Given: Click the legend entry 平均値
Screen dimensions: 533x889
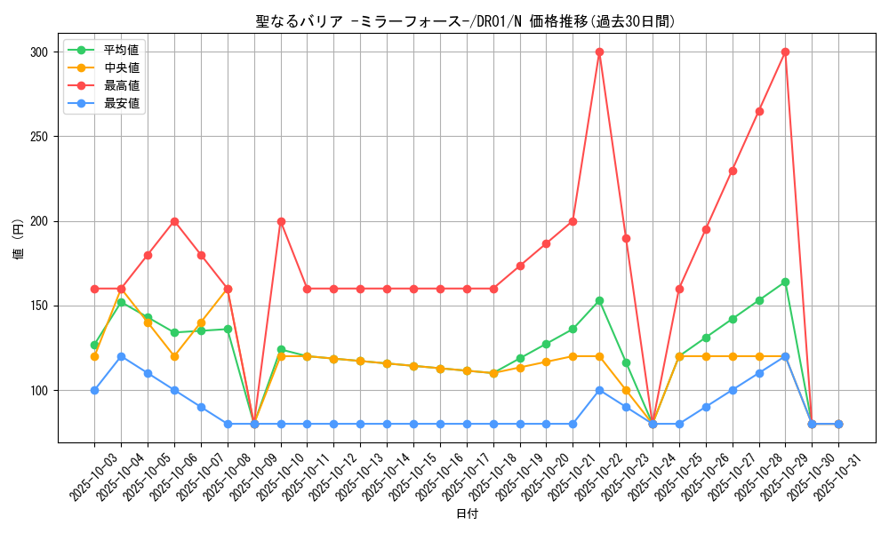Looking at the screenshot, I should [x=122, y=50].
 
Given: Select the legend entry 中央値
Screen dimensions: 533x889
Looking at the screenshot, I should [x=122, y=68].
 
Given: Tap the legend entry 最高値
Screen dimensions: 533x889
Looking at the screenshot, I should [x=122, y=85].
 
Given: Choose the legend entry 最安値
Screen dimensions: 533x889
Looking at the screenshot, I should [x=122, y=103].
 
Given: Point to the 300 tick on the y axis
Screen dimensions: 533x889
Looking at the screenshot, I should [x=39, y=52].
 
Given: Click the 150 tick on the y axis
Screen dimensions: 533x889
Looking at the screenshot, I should [x=39, y=306].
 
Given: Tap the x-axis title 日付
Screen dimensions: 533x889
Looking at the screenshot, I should [x=467, y=514].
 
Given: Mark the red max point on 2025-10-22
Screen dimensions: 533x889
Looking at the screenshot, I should [x=599, y=52].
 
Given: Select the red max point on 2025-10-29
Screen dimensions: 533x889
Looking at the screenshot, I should [x=785, y=52].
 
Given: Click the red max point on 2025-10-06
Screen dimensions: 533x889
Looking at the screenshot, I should [x=174, y=221].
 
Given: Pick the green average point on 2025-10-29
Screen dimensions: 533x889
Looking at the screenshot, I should [x=785, y=282].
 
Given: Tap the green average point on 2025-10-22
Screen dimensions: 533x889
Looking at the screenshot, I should [x=599, y=300].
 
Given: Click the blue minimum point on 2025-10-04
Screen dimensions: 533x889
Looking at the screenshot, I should [x=121, y=356].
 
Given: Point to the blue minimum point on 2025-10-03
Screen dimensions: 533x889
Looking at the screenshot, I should [x=94, y=390].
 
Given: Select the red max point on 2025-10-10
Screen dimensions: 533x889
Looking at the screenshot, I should [x=281, y=221].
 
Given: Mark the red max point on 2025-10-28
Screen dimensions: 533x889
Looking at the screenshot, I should [x=759, y=111].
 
